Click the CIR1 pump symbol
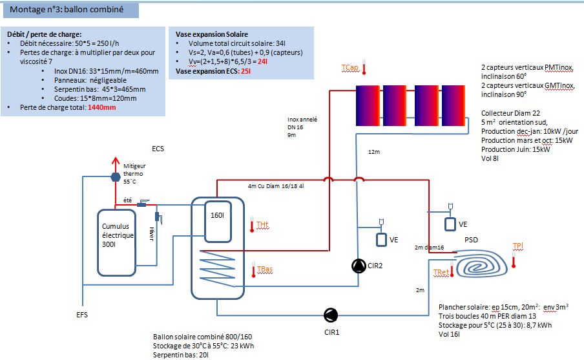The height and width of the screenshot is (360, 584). [330, 315]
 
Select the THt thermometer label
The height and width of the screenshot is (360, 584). [262, 224]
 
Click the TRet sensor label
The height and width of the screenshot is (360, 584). [441, 273]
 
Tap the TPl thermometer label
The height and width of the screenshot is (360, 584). [517, 246]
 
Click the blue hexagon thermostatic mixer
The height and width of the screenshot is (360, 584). [116, 176]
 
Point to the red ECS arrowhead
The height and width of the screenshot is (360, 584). [116, 160]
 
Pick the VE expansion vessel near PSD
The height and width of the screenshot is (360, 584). [450, 224]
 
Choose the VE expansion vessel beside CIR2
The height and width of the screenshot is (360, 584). [382, 238]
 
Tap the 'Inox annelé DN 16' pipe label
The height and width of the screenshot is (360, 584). [302, 123]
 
